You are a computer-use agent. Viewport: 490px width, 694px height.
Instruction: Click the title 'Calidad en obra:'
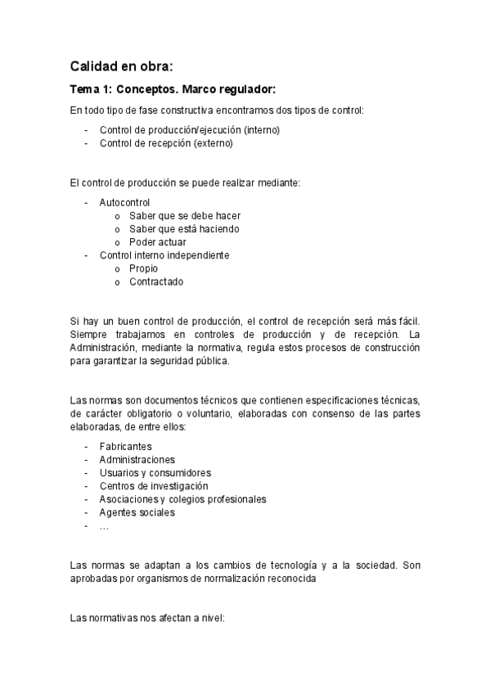pyautogui.click(x=122, y=65)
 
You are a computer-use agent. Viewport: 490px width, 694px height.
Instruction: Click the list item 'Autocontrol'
pyautogui.click(x=124, y=202)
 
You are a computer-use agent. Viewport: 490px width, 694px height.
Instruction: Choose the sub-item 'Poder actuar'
pyautogui.click(x=157, y=242)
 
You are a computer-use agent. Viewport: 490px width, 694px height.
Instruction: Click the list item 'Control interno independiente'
pyautogui.click(x=164, y=255)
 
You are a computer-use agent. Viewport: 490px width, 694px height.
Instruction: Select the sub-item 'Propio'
pyautogui.click(x=143, y=268)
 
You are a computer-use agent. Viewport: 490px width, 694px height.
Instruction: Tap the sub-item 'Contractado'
pyautogui.click(x=156, y=282)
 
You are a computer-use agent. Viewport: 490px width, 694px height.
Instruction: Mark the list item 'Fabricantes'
pyautogui.click(x=125, y=447)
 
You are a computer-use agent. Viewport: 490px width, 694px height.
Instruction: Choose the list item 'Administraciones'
pyautogui.click(x=137, y=460)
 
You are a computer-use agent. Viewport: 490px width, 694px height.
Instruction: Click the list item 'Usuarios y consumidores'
pyautogui.click(x=155, y=473)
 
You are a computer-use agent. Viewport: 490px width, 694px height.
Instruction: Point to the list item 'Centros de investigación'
pyautogui.click(x=154, y=486)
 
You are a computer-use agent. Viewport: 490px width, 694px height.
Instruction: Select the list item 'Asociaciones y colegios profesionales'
pyautogui.click(x=182, y=499)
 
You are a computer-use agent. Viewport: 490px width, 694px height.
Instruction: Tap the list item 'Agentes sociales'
pyautogui.click(x=137, y=512)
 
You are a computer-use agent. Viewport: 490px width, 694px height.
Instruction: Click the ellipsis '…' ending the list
pyautogui.click(x=104, y=526)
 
